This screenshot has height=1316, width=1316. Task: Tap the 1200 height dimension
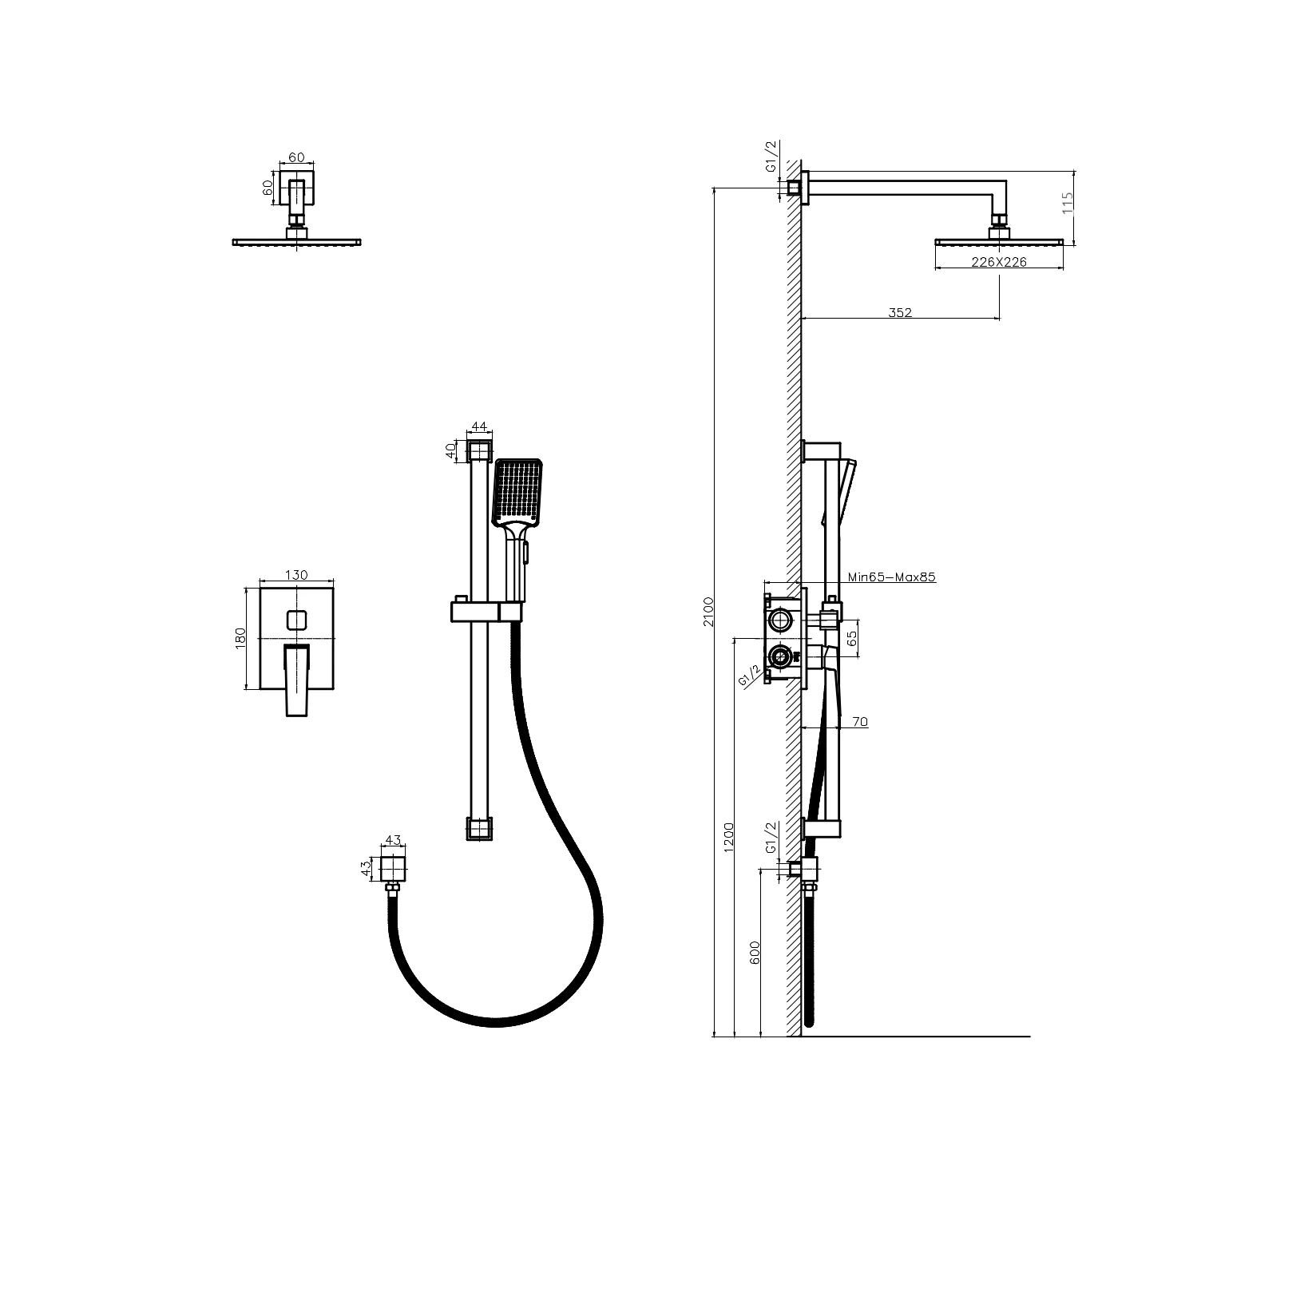coord(727,838)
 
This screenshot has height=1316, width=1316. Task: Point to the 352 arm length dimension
coord(900,312)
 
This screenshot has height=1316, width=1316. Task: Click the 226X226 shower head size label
coord(998,261)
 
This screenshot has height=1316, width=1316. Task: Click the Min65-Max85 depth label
coord(891,576)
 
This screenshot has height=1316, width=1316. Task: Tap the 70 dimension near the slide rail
coord(860,722)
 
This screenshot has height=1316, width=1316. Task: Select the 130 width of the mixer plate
coord(296,575)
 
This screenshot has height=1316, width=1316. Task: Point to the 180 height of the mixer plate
coord(240,638)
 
